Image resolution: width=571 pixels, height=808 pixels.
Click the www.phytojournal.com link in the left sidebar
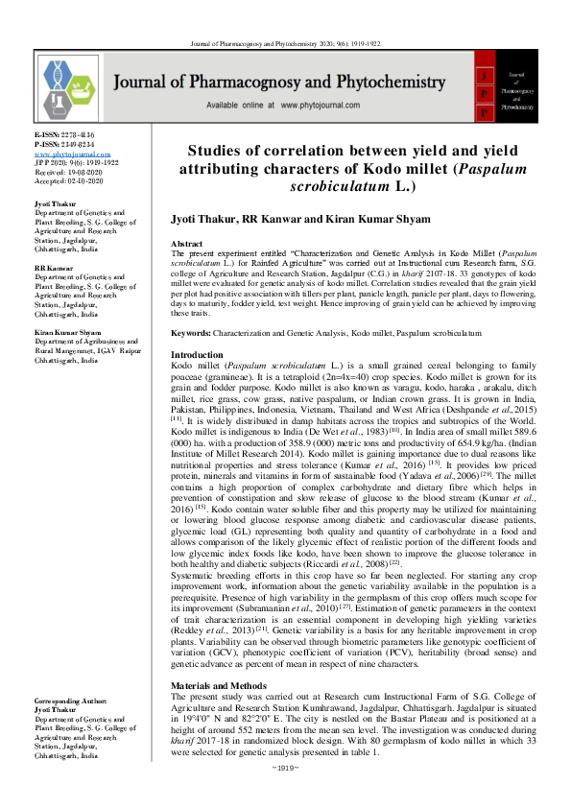pyautogui.click(x=66, y=154)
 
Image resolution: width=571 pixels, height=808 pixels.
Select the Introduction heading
pyautogui.click(x=197, y=355)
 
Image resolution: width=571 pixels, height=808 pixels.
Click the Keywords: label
pyautogui.click(x=191, y=332)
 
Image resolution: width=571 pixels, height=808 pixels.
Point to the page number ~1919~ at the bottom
pyautogui.click(x=286, y=795)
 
